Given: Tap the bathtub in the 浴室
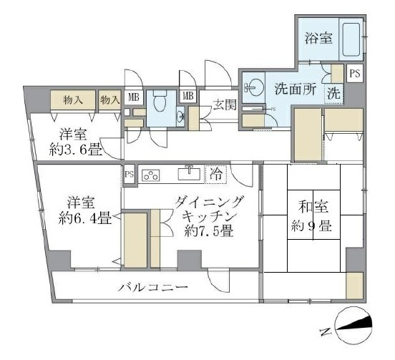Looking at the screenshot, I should (351, 39).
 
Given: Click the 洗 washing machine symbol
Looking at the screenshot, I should (333, 93).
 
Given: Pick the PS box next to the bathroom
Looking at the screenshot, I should (355, 73).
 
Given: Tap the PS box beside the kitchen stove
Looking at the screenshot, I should (129, 173).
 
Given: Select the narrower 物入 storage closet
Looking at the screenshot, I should (109, 99).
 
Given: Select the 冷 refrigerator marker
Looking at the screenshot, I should (215, 173).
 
